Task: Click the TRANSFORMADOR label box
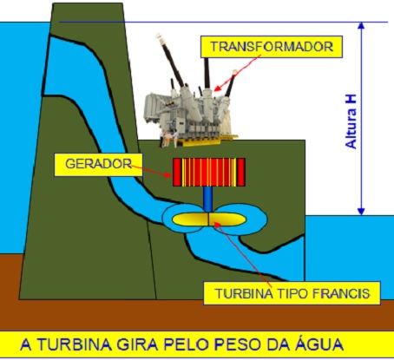point(272,47)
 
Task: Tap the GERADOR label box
point(98,165)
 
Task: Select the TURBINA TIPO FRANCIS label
point(292,293)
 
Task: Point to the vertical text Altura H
point(351,121)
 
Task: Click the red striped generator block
point(209,172)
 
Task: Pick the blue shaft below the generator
point(207,200)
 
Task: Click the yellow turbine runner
point(209,219)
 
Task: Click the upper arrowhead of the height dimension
point(361,26)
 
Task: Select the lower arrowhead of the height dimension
point(361,212)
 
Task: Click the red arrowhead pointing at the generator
point(168,174)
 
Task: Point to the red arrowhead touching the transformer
point(218,88)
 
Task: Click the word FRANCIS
point(341,293)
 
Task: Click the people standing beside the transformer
point(168,138)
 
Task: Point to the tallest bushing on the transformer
point(172,63)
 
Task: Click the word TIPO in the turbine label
point(292,293)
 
